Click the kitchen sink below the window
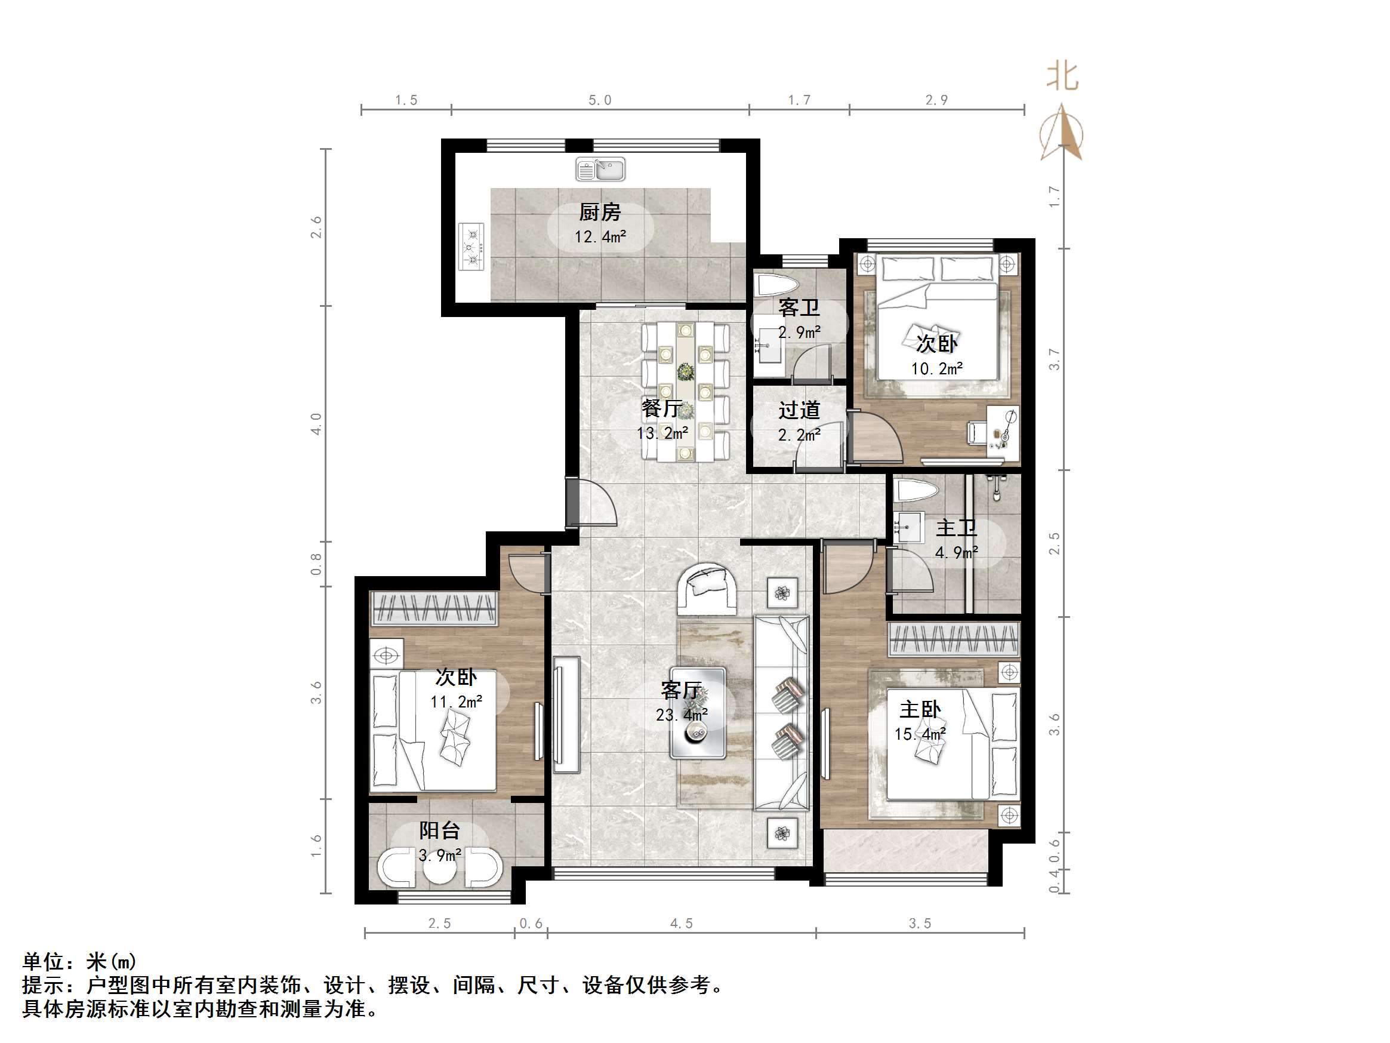pos(600,170)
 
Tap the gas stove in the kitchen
pos(471,247)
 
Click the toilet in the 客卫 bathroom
pos(776,286)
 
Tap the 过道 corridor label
pos(799,411)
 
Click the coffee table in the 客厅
pos(698,712)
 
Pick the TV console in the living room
pos(566,714)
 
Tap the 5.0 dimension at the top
pos(599,100)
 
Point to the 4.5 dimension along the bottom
pos(681,924)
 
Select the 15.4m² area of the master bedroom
pos(920,734)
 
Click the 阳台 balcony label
pos(439,830)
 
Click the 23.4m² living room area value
pos(681,715)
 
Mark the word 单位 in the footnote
pos(44,961)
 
